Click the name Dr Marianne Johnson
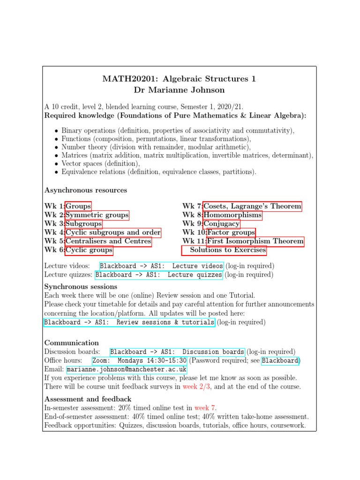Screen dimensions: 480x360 [x=180, y=90]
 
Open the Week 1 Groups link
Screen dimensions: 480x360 [x=78, y=206]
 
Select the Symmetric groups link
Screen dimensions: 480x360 [x=97, y=215]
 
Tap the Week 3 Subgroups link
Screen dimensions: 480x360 [x=84, y=224]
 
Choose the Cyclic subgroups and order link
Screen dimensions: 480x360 [x=113, y=232]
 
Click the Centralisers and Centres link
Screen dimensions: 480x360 [x=108, y=241]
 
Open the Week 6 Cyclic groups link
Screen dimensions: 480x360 [x=89, y=250]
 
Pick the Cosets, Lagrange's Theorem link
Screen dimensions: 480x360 [x=253, y=206]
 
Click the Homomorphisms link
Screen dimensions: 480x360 [x=233, y=215]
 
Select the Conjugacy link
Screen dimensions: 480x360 [x=222, y=224]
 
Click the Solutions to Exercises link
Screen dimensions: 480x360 [x=228, y=250]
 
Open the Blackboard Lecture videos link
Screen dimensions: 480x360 [x=161, y=266]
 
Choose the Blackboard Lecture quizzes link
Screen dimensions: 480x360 [x=159, y=275]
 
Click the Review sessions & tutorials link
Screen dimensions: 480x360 [x=129, y=322]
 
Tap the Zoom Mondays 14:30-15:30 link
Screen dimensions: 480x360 [x=139, y=360]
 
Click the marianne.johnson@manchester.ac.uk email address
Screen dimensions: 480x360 [x=127, y=369]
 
